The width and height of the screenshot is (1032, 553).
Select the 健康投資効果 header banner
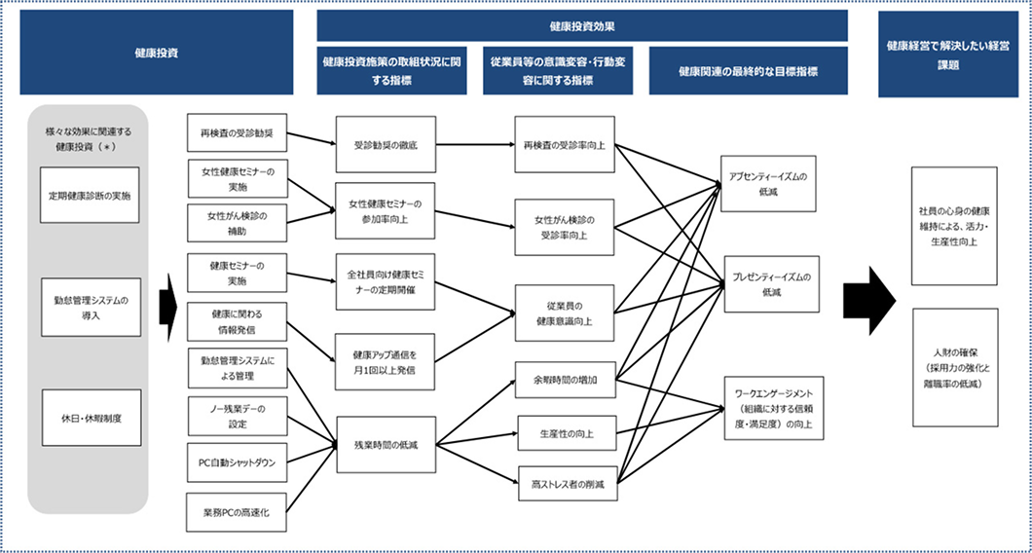tap(581, 25)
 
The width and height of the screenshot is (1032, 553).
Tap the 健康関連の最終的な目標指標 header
tap(748, 71)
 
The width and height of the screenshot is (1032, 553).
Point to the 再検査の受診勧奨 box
tap(237, 131)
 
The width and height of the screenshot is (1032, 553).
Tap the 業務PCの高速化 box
tap(237, 512)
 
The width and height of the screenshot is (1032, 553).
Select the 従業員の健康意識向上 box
tap(565, 312)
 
